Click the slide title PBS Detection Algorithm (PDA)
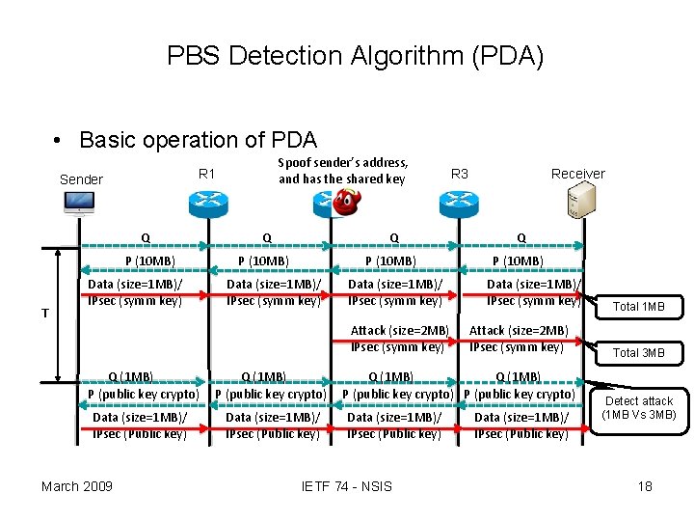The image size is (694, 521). pyautogui.click(x=355, y=56)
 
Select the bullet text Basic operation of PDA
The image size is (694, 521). pyautogui.click(x=198, y=140)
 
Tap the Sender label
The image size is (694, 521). pyautogui.click(x=81, y=179)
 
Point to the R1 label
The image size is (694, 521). pyautogui.click(x=206, y=174)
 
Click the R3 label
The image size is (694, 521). pyautogui.click(x=460, y=174)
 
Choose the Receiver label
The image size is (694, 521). pyautogui.click(x=577, y=174)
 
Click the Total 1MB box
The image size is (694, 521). pyautogui.click(x=639, y=307)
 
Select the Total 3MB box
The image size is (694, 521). pyautogui.click(x=639, y=352)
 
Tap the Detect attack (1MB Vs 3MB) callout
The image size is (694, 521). pyautogui.click(x=638, y=408)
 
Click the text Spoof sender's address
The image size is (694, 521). pyautogui.click(x=342, y=162)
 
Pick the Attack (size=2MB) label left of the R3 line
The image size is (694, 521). pyautogui.click(x=399, y=331)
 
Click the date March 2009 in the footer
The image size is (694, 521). pyautogui.click(x=76, y=485)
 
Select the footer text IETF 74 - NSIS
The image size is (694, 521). pyautogui.click(x=346, y=485)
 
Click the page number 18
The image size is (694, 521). pyautogui.click(x=645, y=485)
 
